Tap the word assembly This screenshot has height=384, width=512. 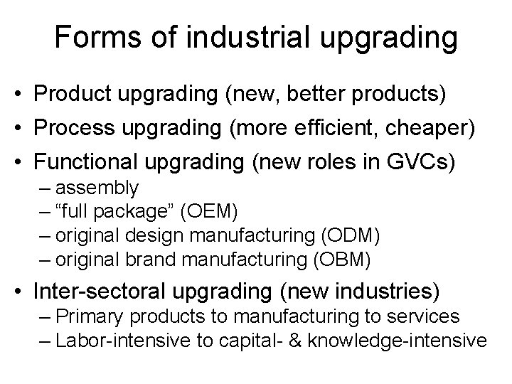pos(97,188)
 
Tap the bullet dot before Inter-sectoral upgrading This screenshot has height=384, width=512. pos(24,291)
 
